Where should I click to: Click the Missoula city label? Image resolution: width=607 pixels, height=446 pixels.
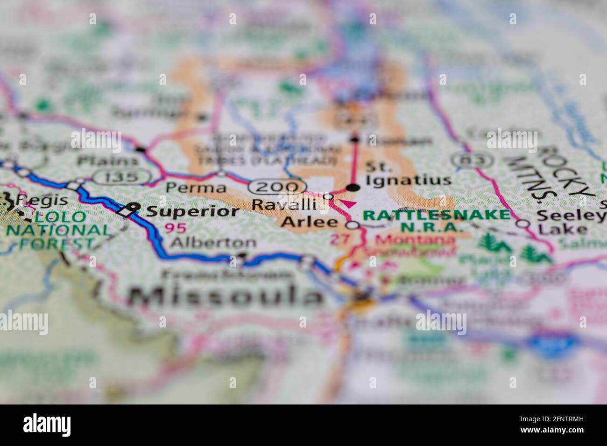pyautogui.click(x=226, y=295)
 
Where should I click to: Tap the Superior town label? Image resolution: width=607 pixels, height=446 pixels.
pyautogui.click(x=192, y=211)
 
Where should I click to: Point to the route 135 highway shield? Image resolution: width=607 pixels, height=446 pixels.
pyautogui.click(x=121, y=177)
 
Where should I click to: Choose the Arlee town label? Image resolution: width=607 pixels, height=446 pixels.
pyautogui.click(x=309, y=222)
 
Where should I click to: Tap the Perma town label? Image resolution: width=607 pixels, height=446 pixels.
pyautogui.click(x=196, y=188)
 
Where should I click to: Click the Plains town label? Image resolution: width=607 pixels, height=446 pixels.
pyautogui.click(x=108, y=161)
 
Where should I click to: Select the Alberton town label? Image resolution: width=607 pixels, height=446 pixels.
pyautogui.click(x=213, y=243)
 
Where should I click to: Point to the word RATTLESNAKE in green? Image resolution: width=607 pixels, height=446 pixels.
pyautogui.click(x=436, y=215)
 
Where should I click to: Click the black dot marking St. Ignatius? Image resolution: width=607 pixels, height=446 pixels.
pyautogui.click(x=354, y=188)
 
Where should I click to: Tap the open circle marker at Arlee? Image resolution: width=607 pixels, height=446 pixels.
pyautogui.click(x=354, y=225)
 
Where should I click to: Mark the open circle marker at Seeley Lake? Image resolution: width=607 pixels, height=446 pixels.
pyautogui.click(x=523, y=223)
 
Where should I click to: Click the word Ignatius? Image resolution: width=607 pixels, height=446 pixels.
pyautogui.click(x=409, y=180)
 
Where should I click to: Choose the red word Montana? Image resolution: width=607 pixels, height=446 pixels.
pyautogui.click(x=416, y=241)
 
